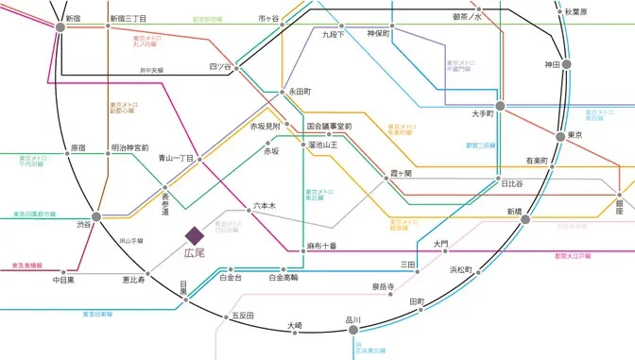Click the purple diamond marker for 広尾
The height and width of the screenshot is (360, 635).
tap(194, 234)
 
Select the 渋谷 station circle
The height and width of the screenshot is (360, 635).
tap(95, 216)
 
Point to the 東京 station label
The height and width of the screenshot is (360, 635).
tap(575, 137)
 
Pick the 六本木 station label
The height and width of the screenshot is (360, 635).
tap(265, 204)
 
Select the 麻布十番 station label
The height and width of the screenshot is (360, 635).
tap(321, 246)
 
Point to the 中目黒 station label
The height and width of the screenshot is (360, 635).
tap(64, 280)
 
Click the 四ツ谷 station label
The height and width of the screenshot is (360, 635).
tap(219, 66)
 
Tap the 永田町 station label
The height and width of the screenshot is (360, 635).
tap(300, 92)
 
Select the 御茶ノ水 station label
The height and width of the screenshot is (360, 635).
tap(467, 17)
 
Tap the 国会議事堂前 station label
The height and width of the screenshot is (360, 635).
tap(329, 126)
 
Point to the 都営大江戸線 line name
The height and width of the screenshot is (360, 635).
tap(573, 256)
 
